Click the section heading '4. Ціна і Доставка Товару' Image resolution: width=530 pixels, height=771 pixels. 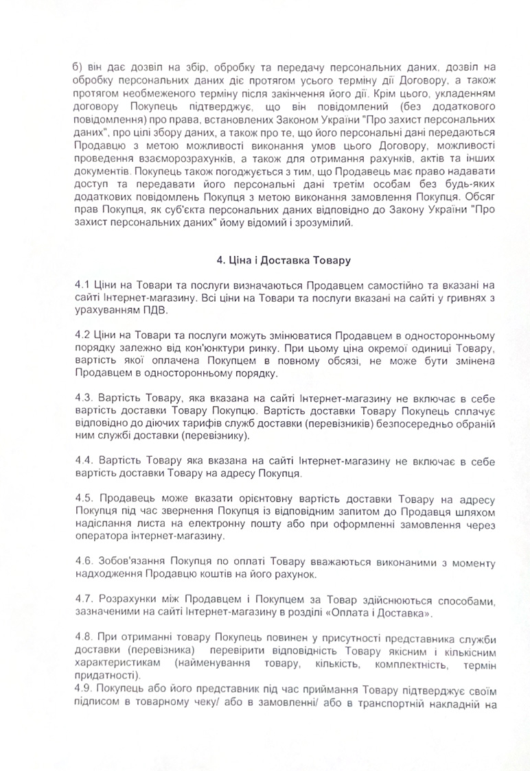point(284,261)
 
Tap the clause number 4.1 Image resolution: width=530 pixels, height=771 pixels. point(83,284)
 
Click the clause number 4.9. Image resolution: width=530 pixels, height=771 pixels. point(84,688)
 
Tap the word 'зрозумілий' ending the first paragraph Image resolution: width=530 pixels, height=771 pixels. point(323,224)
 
